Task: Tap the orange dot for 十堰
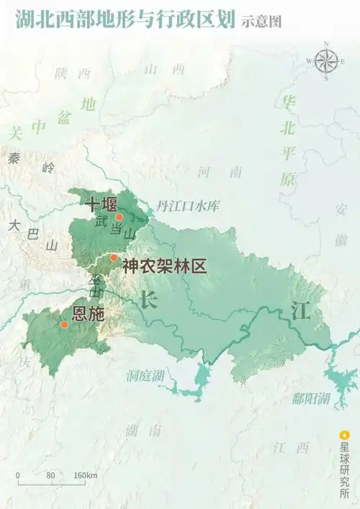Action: tap(120, 217)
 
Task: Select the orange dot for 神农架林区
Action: tap(114, 258)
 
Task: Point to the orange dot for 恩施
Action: tap(64, 325)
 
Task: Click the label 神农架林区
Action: tap(164, 266)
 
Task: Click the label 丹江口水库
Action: tap(188, 206)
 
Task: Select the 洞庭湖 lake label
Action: tap(145, 376)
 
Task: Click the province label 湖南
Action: tap(143, 431)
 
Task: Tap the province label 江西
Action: tap(291, 447)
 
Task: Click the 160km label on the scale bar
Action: tap(86, 476)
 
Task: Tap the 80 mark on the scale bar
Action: tap(50, 476)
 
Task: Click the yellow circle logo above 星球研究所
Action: tap(344, 436)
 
